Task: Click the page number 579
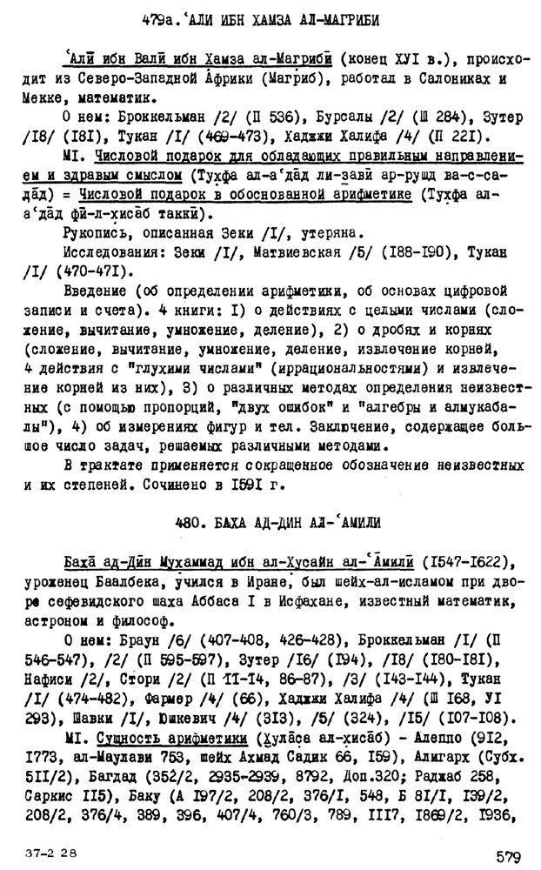click(x=508, y=856)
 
